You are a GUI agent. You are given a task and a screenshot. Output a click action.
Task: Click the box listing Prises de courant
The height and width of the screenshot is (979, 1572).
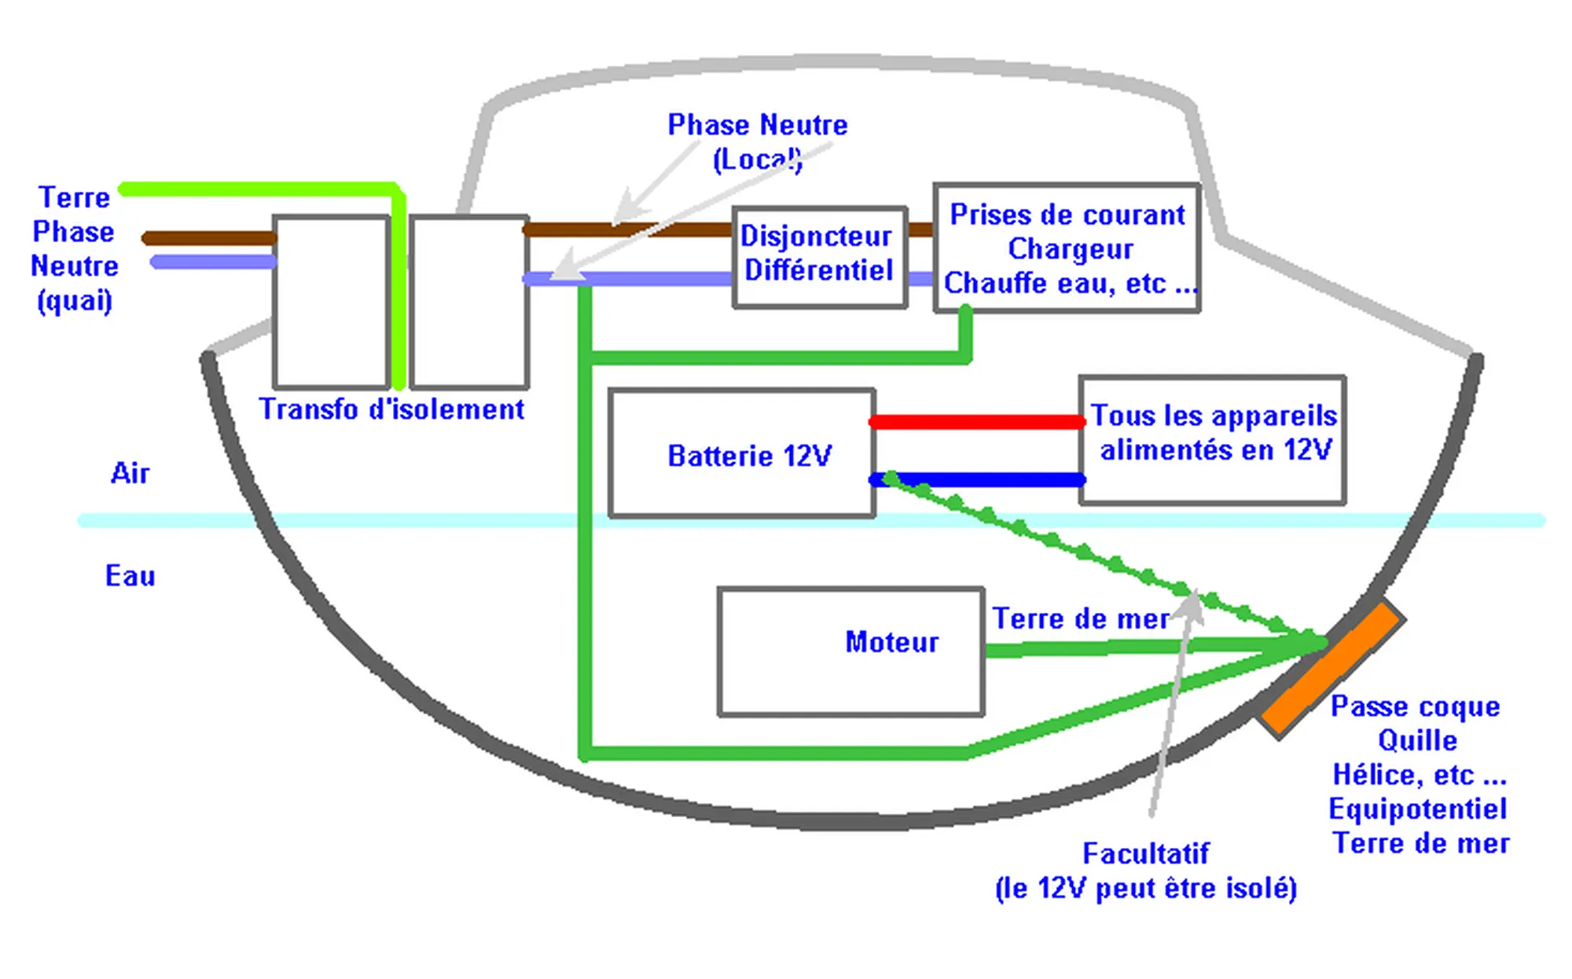(1067, 248)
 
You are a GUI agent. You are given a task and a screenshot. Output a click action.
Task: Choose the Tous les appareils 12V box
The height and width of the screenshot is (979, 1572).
(1213, 440)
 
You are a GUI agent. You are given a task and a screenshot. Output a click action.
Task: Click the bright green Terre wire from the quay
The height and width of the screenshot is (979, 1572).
(259, 189)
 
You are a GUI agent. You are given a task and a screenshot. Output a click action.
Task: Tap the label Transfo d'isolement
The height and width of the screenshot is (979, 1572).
(391, 409)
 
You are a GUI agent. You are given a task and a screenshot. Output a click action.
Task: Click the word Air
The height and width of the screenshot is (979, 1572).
(130, 473)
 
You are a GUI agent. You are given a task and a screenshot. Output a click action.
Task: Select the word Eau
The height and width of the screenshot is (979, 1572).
(130, 576)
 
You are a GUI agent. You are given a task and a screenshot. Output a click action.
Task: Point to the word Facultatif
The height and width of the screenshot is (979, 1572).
(1145, 853)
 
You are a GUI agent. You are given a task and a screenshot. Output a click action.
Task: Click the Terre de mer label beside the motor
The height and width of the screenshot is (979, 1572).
(1081, 619)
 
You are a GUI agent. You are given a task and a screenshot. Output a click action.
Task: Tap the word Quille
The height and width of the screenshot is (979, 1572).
(1417, 740)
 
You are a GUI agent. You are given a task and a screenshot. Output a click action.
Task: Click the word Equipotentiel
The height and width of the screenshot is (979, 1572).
(1417, 808)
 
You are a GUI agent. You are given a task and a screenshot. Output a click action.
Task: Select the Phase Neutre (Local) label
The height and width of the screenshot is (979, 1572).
(757, 141)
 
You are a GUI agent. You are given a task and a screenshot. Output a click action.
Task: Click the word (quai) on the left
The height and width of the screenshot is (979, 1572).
(75, 300)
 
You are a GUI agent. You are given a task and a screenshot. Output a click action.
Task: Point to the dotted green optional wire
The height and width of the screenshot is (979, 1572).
(1085, 552)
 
